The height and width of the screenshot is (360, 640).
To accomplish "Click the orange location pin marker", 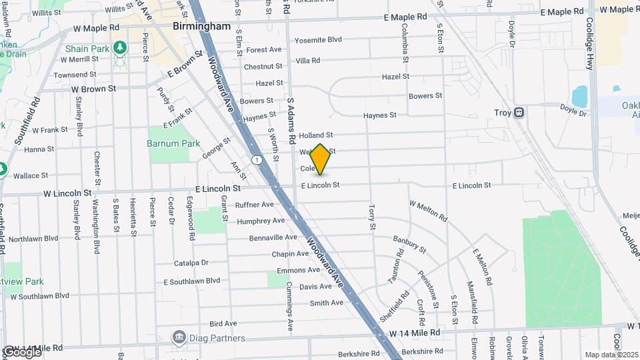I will [x=320, y=159].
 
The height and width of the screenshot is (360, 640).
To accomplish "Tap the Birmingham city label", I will [x=201, y=27].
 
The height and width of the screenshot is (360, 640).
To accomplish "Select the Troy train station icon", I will [x=518, y=113].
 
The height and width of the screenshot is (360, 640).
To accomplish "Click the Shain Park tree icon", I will [x=120, y=48].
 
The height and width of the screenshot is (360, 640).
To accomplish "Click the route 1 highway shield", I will [x=257, y=159].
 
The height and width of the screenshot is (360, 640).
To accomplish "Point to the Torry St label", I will [x=371, y=217].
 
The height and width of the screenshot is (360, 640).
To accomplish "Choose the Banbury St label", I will [x=409, y=243].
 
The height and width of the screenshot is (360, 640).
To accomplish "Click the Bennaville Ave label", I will [x=273, y=237].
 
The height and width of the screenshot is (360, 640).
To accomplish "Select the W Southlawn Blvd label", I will [x=37, y=295].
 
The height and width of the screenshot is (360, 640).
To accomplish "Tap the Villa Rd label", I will [x=307, y=61].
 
